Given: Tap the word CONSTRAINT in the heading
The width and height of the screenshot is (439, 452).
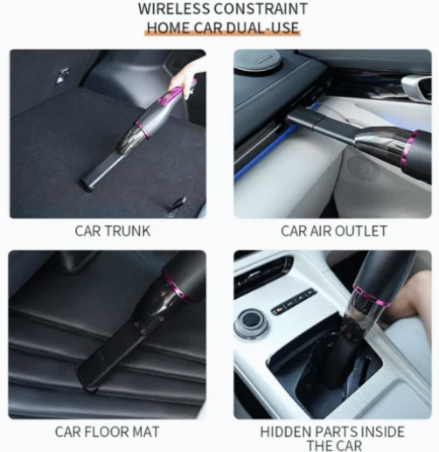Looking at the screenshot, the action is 261,9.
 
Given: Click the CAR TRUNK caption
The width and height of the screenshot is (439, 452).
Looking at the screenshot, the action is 113,231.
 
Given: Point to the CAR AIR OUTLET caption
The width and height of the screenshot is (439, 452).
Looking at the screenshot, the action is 334,231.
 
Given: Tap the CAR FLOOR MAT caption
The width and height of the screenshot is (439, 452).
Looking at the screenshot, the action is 108,432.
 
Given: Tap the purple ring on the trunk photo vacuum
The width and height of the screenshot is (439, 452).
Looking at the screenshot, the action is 143,130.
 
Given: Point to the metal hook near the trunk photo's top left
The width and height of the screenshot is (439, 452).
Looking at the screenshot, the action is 62,76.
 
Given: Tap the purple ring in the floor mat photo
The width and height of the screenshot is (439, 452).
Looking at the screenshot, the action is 176,287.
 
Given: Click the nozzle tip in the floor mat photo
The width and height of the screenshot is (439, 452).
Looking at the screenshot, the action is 87,379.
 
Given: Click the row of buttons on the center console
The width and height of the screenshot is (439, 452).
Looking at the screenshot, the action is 293,302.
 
